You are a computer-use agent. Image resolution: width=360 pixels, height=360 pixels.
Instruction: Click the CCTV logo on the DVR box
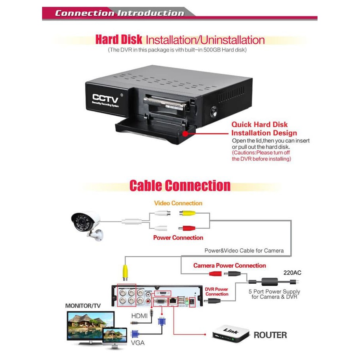105,97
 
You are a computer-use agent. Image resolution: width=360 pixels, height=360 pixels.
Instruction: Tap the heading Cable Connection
180,186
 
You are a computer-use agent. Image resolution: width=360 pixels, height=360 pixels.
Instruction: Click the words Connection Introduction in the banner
119,13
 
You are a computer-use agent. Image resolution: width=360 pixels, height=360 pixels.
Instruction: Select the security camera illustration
87,224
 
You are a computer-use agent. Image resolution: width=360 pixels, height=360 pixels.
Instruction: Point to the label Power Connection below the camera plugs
178,238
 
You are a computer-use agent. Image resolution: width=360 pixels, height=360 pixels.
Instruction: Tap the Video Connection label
178,203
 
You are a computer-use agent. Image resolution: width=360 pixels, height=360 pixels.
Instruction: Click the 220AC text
292,272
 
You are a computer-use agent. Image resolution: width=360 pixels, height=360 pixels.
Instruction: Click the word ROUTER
270,335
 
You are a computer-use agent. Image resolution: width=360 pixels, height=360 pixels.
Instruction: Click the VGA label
137,343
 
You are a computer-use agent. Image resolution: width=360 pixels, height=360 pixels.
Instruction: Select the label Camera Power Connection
229,266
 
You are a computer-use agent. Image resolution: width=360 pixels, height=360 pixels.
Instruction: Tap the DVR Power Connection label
217,292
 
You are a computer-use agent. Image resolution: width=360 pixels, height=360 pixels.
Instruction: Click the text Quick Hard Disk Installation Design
264,129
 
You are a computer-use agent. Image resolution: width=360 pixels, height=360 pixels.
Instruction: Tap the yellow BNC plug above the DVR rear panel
126,271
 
